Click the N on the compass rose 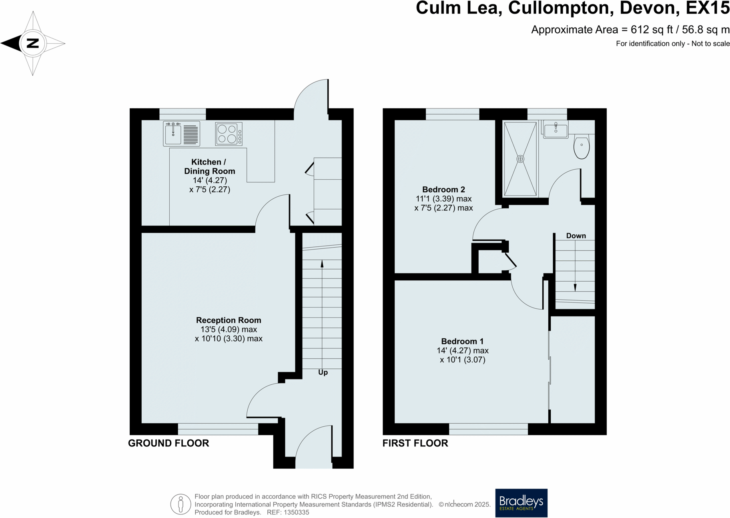tap(33, 43)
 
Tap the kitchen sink tap(173, 134)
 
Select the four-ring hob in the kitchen tap(227, 134)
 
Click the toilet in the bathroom tap(582, 147)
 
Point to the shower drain tap(520, 159)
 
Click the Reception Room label tap(229, 320)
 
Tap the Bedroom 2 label tap(443, 189)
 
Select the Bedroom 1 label tap(462, 341)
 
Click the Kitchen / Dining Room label tap(209, 166)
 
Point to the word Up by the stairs tap(323, 372)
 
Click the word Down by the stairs tap(576, 236)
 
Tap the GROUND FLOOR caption tap(168, 443)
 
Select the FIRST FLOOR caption tap(415, 443)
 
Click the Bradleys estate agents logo tap(521, 503)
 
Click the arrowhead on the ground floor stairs tap(322, 264)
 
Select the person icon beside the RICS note tap(180, 504)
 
